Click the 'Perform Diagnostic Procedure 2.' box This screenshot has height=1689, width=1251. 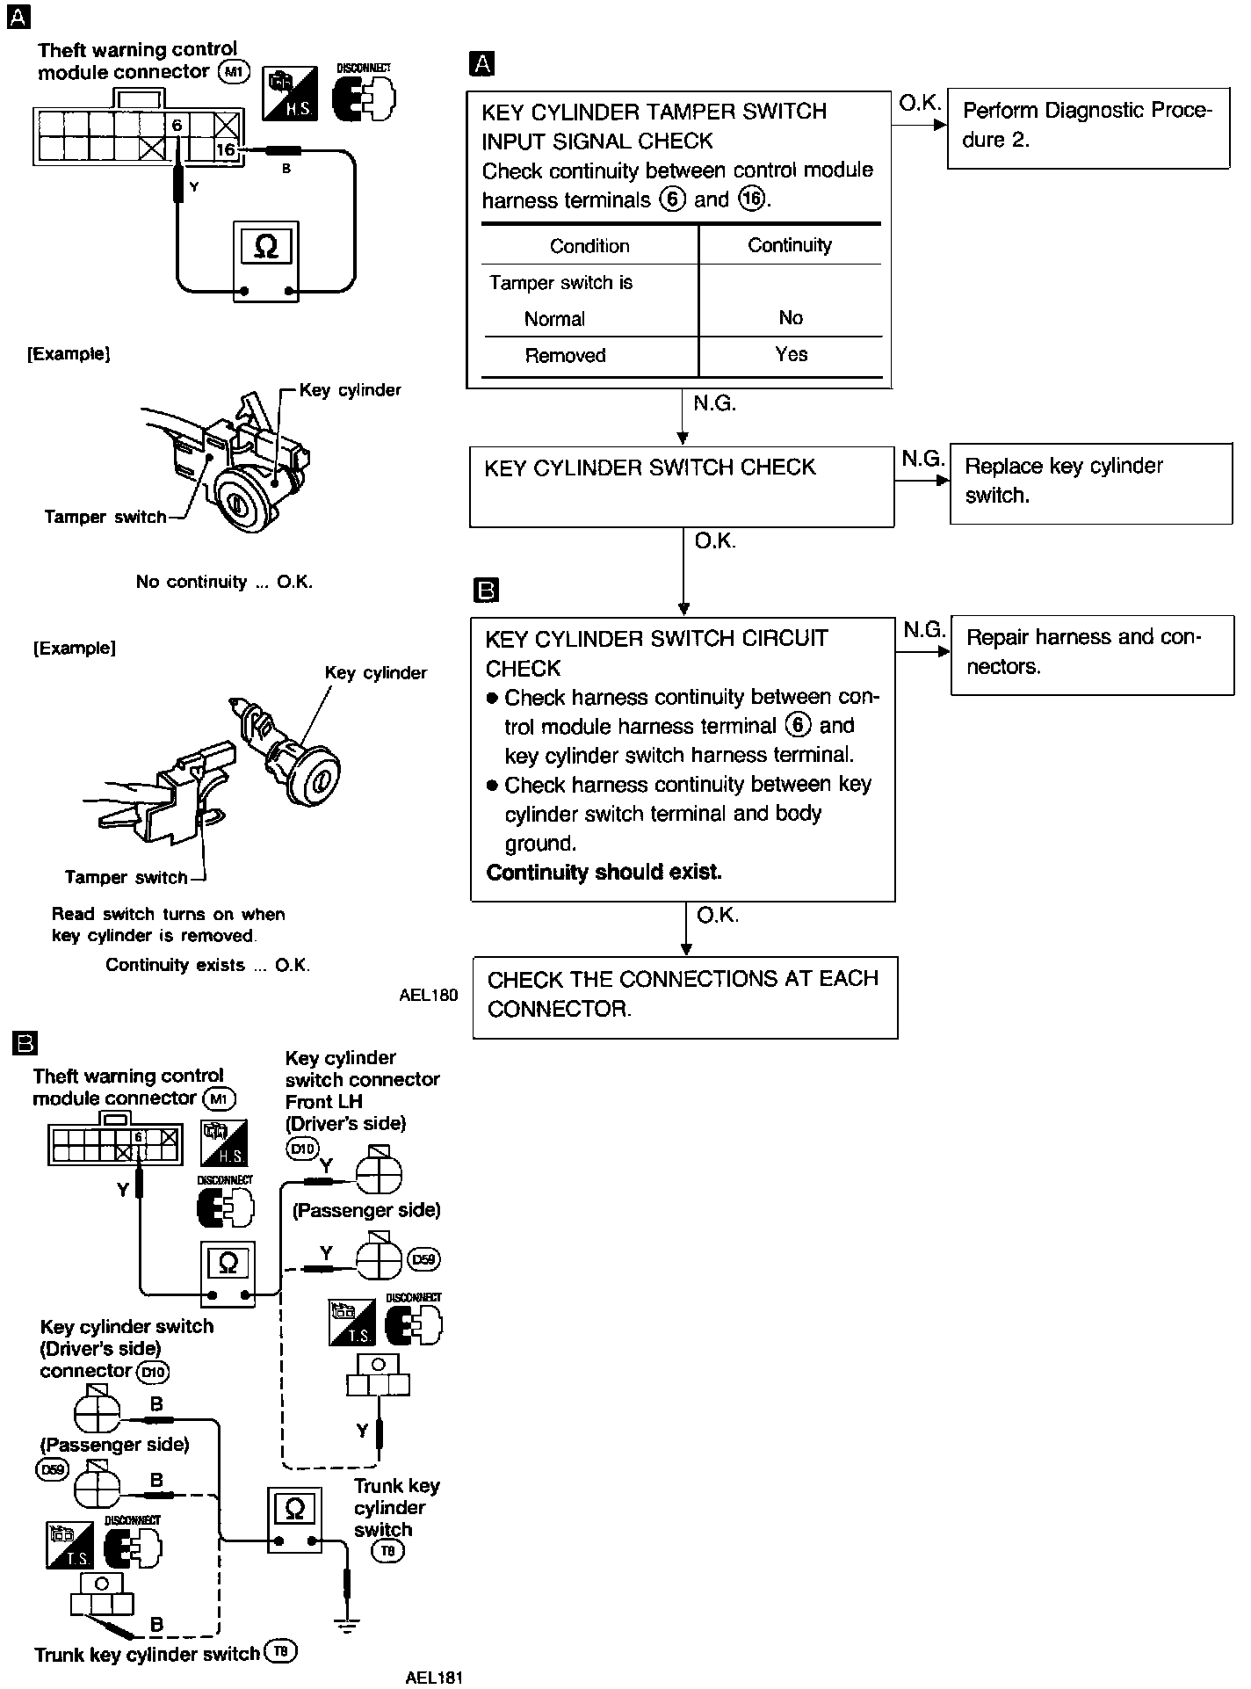(1088, 127)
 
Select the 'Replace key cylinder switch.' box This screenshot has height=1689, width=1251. (1090, 482)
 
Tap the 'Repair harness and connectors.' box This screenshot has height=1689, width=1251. (1092, 654)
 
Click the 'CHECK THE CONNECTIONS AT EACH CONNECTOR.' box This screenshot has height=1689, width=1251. (684, 997)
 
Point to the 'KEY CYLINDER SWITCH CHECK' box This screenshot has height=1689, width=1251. (682, 486)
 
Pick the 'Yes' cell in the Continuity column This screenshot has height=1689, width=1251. (791, 355)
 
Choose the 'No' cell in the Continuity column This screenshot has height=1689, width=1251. (791, 318)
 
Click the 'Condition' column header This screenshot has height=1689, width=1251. (589, 246)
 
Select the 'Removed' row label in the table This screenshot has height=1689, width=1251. (565, 356)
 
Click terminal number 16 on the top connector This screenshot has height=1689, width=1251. (226, 149)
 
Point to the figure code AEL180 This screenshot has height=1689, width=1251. (428, 996)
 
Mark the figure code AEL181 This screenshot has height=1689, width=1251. (434, 1677)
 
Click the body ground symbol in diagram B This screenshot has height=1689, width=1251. (348, 1626)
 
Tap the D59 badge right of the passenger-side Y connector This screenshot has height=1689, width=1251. (424, 1259)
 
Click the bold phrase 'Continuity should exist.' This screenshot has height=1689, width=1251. (604, 873)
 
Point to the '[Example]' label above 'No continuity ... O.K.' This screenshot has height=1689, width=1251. (69, 355)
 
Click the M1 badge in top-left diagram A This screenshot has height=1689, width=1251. (233, 72)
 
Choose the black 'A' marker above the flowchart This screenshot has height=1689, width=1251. (482, 63)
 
